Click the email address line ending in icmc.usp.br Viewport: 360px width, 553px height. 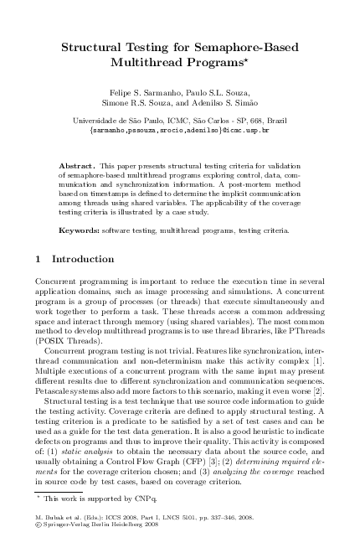(x=179, y=131)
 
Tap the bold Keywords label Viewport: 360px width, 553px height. (x=83, y=205)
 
